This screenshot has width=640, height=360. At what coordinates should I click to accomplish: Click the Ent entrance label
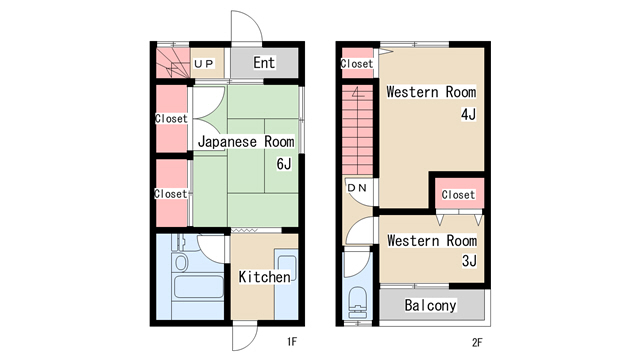(x=264, y=63)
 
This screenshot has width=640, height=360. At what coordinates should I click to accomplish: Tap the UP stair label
(x=204, y=64)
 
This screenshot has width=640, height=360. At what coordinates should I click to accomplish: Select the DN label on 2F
(x=357, y=188)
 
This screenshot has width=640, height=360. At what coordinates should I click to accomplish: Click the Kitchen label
(x=264, y=277)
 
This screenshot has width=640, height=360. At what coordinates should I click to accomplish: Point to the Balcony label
(x=430, y=305)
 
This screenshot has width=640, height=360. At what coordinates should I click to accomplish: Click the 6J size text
(x=284, y=164)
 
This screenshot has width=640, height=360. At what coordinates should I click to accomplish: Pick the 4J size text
(x=469, y=114)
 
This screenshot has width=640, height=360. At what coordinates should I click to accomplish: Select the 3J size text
(x=469, y=260)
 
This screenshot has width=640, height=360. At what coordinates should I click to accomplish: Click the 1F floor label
(x=292, y=341)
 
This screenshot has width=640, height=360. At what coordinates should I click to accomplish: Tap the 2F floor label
(x=477, y=342)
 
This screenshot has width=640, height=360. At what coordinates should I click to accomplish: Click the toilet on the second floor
(x=358, y=302)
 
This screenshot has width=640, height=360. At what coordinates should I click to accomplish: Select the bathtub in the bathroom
(x=199, y=287)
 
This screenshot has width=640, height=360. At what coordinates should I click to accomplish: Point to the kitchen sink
(x=287, y=268)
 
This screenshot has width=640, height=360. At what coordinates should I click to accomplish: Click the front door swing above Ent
(x=247, y=26)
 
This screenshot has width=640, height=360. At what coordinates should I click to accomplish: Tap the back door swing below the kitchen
(x=245, y=338)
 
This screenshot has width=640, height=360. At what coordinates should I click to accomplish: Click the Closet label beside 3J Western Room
(x=458, y=195)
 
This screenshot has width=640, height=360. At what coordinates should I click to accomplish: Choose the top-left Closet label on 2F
(x=357, y=64)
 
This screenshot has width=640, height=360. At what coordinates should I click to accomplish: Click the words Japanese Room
(x=246, y=142)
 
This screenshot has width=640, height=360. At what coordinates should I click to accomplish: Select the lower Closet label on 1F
(x=171, y=193)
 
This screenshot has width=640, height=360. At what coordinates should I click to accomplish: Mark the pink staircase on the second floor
(x=358, y=130)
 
